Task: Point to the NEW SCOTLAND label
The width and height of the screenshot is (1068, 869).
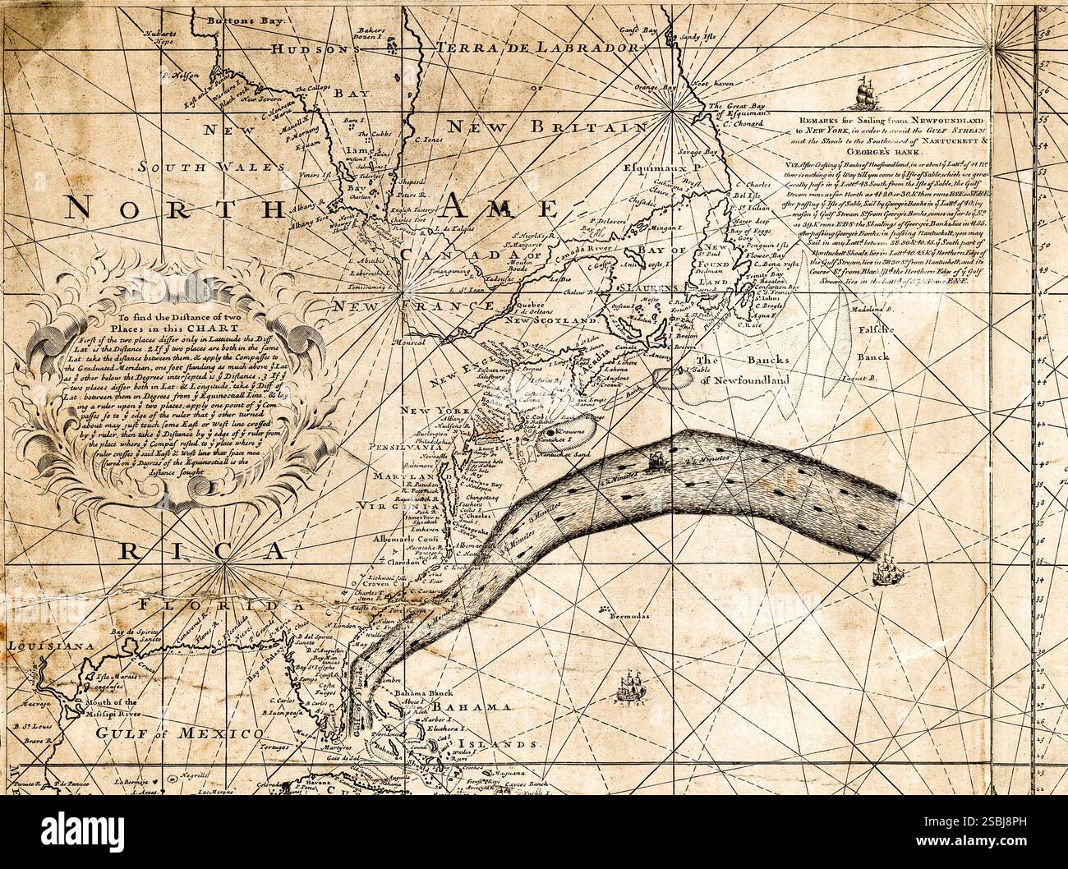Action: pyautogui.click(x=550, y=320)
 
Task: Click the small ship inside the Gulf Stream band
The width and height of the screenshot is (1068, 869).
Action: pyautogui.click(x=656, y=463)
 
